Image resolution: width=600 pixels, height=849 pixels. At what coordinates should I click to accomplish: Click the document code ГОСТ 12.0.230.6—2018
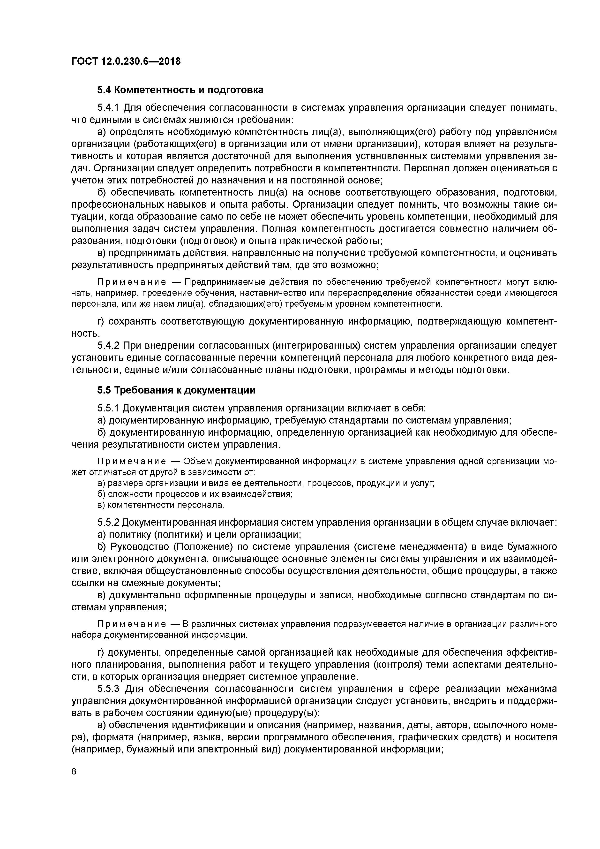pyautogui.click(x=126, y=61)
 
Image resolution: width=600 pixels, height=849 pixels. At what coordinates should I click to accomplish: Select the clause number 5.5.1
pyautogui.click(x=109, y=408)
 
